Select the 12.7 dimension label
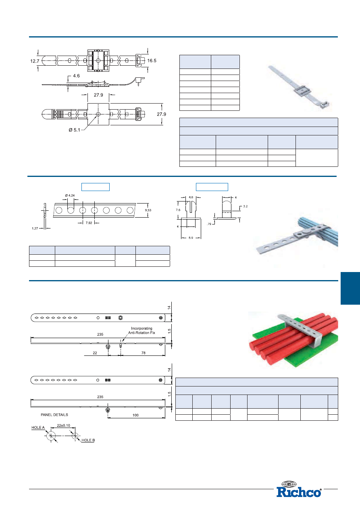click(35, 61)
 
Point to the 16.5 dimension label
click(152, 60)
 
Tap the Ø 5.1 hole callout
click(74, 130)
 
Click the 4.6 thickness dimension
click(76, 76)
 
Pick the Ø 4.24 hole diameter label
click(70, 195)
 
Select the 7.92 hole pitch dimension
click(89, 223)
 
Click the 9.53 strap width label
click(148, 210)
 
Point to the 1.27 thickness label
click(35, 229)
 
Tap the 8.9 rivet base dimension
click(191, 238)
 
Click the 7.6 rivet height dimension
click(178, 210)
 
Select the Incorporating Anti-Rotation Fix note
click(142, 330)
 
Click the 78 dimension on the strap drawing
click(144, 353)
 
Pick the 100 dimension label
click(135, 415)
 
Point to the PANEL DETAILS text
click(54, 415)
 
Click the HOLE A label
click(38, 428)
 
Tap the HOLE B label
click(88, 440)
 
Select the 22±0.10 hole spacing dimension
click(63, 426)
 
